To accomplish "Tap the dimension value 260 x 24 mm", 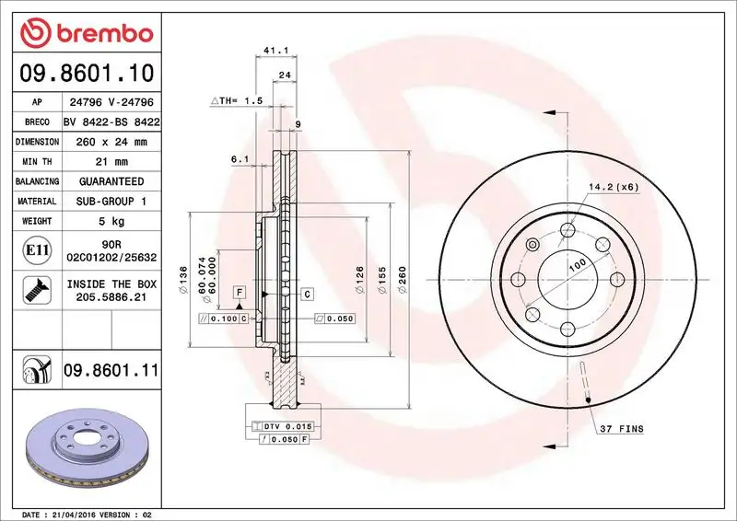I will tap(109, 142).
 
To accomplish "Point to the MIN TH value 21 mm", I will tap(109, 162).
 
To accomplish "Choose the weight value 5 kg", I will tap(109, 221).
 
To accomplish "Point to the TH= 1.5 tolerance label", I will tap(239, 99).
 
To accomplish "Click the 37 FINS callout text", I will tap(623, 429).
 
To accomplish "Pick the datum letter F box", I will tap(239, 293).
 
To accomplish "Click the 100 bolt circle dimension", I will tap(578, 265).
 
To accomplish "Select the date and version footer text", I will tap(86, 514).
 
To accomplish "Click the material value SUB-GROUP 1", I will tap(109, 201).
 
